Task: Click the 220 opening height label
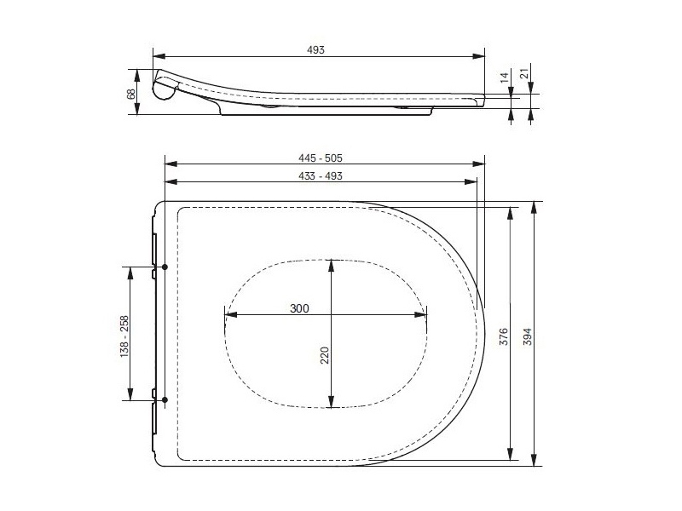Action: tap(324, 356)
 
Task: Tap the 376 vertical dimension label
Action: tap(504, 336)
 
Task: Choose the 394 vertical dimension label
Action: tap(528, 336)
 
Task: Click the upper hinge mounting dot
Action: tap(165, 267)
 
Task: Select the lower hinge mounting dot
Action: tap(165, 400)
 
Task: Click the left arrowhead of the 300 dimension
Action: tap(227, 317)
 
